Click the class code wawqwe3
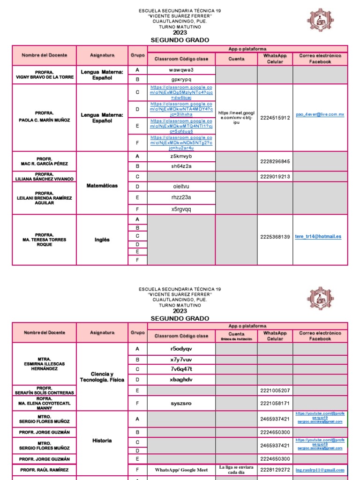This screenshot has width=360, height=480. tap(181, 70)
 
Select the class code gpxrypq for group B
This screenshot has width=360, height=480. tap(181, 79)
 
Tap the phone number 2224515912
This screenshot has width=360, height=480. tap(275, 118)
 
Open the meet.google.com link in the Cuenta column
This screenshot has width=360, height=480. tap(236, 118)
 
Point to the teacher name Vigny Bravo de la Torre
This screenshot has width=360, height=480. tap(44, 75)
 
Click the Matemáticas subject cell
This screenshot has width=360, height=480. tap(102, 186)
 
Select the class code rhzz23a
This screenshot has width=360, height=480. tap(181, 197)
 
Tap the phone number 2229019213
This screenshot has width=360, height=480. tap(275, 176)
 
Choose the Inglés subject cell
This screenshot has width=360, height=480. tap(102, 240)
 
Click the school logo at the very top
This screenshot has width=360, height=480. tap(321, 21)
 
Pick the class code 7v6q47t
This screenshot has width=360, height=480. tap(181, 369)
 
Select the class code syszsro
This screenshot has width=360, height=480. tap(181, 403)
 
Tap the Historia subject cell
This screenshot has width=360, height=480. tap(102, 441)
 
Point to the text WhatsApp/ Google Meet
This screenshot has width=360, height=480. tap(181, 470)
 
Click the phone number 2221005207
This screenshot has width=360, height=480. tap(275, 390)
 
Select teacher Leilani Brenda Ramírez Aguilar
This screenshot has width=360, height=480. tap(44, 198)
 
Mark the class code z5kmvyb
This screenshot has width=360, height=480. tap(181, 156)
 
